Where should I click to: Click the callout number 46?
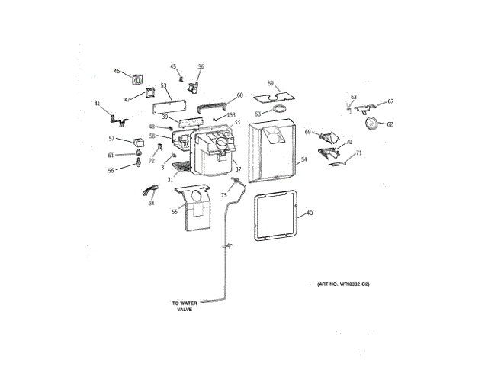[x=117, y=72]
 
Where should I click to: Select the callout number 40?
[x=310, y=213]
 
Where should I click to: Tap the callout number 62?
[x=390, y=124]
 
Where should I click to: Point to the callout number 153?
[x=231, y=114]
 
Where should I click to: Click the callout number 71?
[x=359, y=153]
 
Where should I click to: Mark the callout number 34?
[x=151, y=204]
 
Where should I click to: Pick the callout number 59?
[x=271, y=82]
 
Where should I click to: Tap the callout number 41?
[x=97, y=104]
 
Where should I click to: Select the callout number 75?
[x=224, y=194]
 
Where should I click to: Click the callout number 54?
[x=303, y=160]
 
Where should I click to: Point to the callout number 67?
[x=390, y=101]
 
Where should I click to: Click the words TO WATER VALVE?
[x=184, y=306]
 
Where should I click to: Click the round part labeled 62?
[x=371, y=124]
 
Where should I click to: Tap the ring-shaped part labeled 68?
[x=279, y=111]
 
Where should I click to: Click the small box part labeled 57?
[x=138, y=142]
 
